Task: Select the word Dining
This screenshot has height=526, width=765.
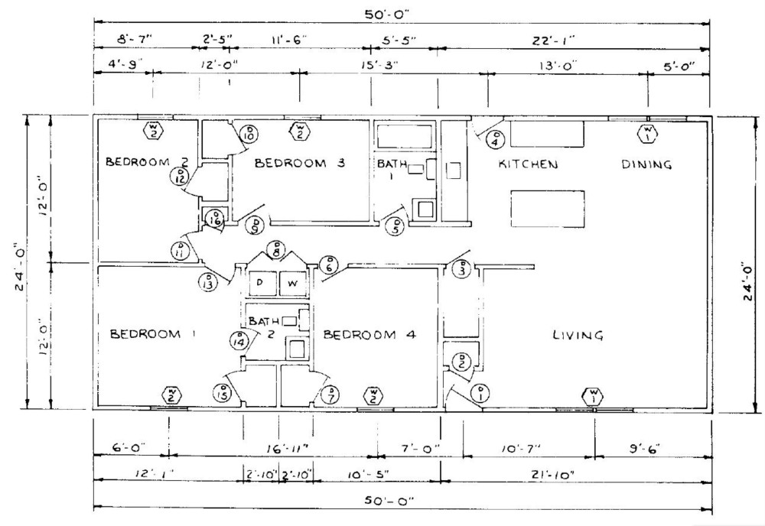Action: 646,164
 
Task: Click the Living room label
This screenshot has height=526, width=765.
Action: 578,335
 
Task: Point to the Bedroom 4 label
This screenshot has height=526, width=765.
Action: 369,335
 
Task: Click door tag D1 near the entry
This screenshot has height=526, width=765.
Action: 481,394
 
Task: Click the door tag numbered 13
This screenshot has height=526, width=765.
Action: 207,281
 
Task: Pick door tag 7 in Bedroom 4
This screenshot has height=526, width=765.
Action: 331,394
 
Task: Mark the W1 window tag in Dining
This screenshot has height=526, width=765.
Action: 647,135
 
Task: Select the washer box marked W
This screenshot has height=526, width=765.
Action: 291,284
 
